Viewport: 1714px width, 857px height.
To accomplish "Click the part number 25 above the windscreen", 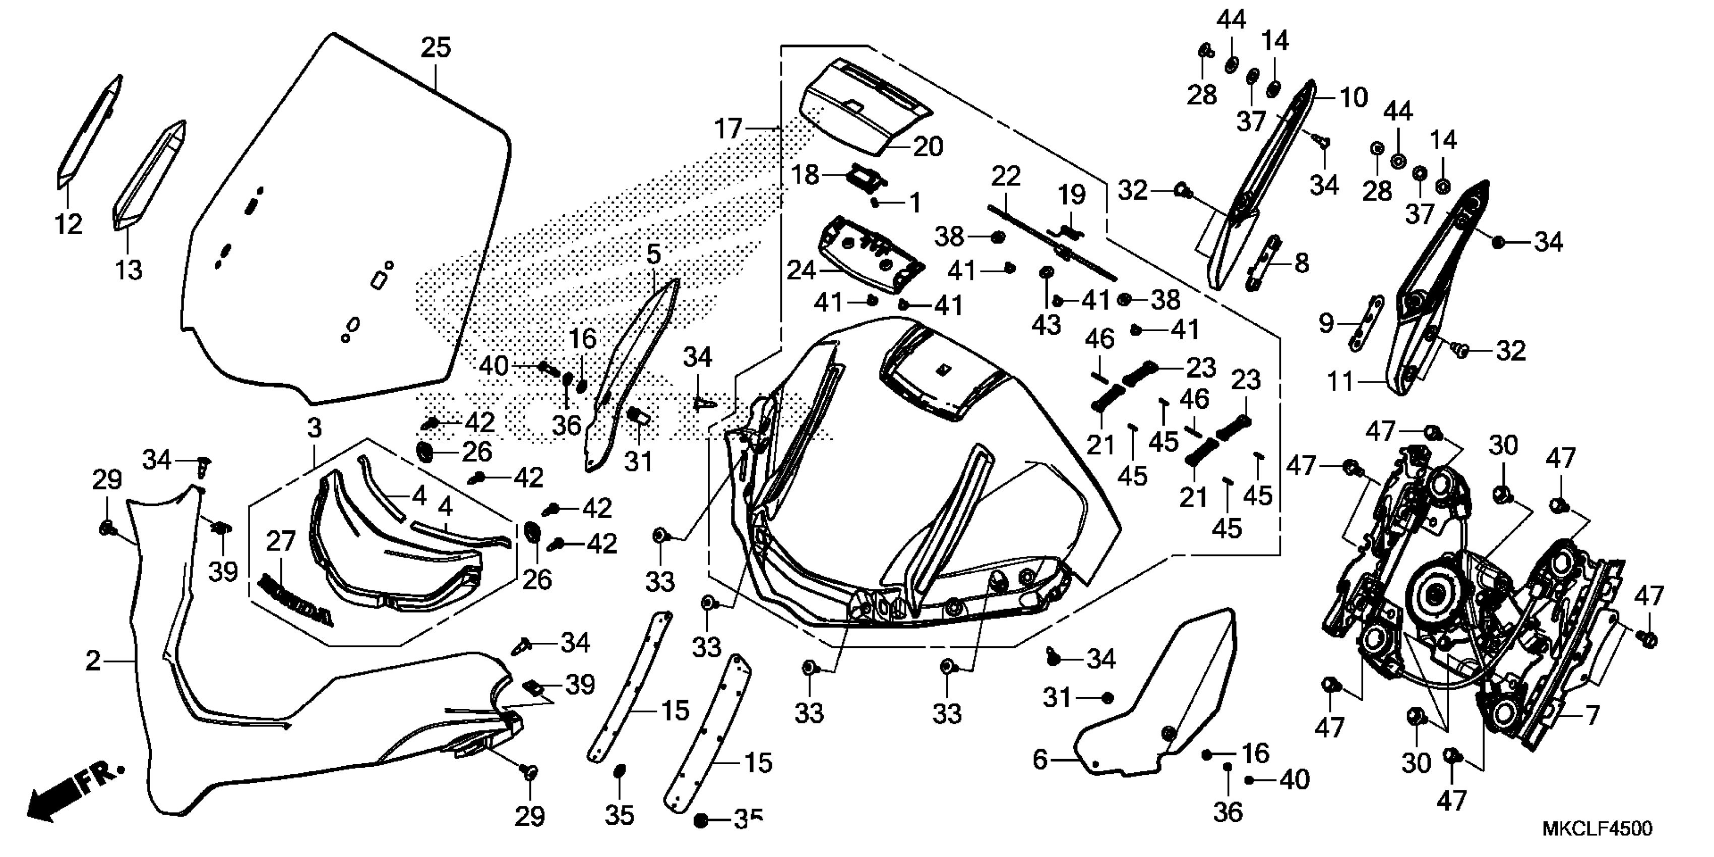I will coord(436,48).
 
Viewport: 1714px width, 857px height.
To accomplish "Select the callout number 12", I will coord(69,224).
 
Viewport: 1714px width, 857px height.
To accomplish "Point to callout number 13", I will coord(129,270).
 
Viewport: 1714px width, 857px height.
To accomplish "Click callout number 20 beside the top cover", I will coord(928,146).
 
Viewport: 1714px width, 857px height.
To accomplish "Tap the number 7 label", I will coord(1591,716).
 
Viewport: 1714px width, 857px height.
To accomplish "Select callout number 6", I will coord(1040,759).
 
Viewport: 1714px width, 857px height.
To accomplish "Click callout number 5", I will coord(653,254).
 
